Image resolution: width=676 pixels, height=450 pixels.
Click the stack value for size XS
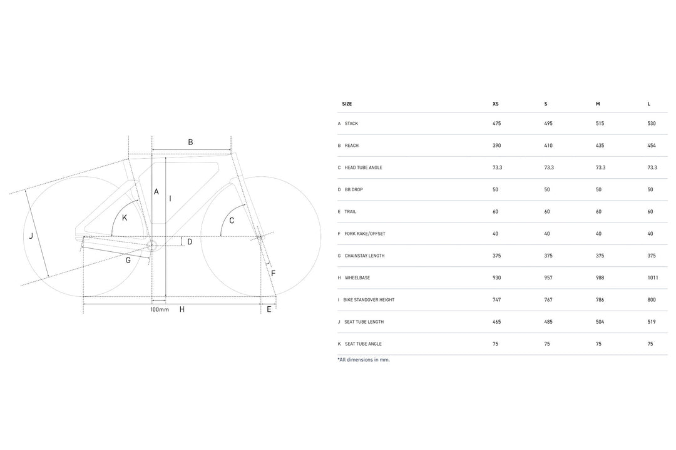click(496, 124)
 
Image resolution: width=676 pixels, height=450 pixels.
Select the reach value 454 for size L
click(652, 146)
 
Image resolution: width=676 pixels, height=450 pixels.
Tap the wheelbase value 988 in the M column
click(600, 277)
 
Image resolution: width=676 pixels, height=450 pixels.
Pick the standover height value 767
click(548, 300)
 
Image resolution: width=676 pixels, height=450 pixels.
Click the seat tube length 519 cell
click(652, 322)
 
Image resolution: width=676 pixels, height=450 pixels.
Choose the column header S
click(546, 104)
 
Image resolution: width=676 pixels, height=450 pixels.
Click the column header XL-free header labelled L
click(649, 104)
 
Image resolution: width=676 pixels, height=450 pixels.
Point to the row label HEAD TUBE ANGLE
click(363, 167)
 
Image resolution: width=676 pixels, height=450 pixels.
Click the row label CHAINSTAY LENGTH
click(364, 256)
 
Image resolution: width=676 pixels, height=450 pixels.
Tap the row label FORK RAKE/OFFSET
click(365, 234)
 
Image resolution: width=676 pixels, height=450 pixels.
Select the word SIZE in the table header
click(347, 104)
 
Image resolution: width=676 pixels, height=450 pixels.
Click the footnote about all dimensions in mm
click(364, 359)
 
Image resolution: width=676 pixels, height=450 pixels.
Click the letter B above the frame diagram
click(190, 142)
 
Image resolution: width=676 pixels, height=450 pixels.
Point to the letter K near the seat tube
click(125, 218)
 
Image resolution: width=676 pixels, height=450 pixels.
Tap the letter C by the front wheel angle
click(232, 221)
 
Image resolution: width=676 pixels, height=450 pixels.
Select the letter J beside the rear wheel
click(31, 236)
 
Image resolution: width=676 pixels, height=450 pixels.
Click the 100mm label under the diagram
click(160, 309)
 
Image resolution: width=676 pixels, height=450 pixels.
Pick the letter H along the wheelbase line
click(182, 309)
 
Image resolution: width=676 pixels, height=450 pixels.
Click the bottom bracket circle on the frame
click(151, 246)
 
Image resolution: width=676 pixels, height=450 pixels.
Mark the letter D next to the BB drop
click(190, 242)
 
